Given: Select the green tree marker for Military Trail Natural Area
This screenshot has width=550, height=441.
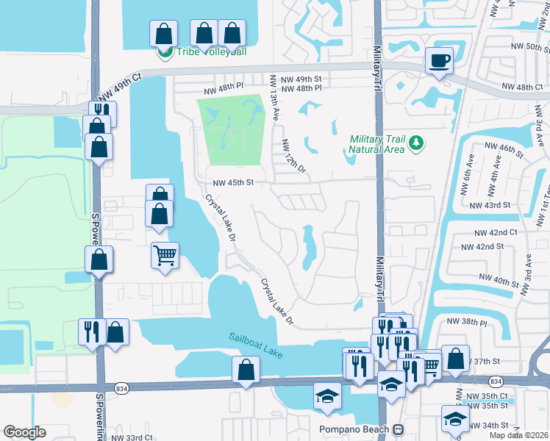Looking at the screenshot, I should [417, 142].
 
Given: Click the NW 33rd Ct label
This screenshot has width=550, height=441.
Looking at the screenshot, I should [132, 437].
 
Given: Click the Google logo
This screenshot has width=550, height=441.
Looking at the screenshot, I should [24, 432].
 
